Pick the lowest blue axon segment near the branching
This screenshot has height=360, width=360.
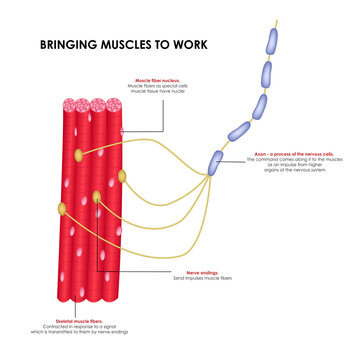[x=216, y=161]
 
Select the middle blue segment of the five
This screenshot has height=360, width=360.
[x=257, y=103]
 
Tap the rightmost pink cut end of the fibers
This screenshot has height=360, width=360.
[x=112, y=104]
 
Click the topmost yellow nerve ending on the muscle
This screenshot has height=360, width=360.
[x=78, y=155]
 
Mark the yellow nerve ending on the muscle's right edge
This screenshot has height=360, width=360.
[x=123, y=177]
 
